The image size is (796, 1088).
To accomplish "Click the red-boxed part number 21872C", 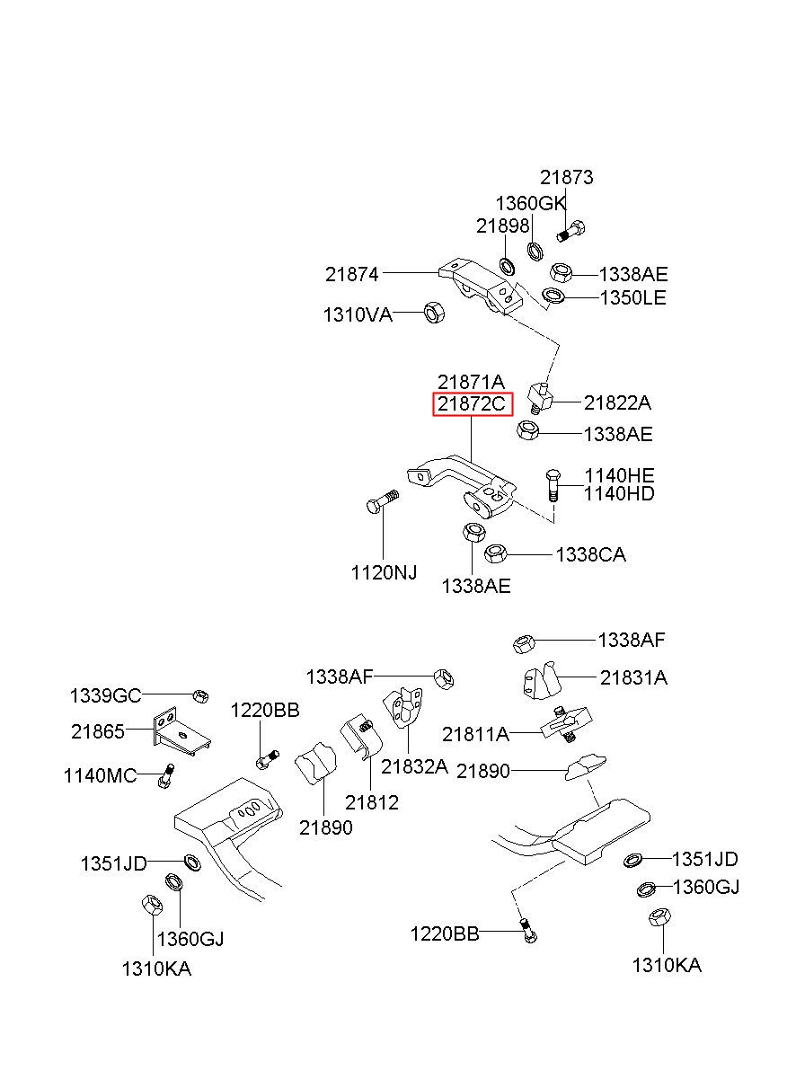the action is (472, 403).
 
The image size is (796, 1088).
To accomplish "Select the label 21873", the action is (566, 177).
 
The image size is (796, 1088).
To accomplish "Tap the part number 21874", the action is (351, 274).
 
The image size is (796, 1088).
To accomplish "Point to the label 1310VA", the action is (358, 314).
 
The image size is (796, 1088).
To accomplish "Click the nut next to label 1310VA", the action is (434, 312).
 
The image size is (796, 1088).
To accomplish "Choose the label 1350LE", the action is (633, 297).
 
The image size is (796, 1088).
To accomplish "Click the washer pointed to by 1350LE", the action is (553, 295).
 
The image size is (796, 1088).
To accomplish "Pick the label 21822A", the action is (617, 402).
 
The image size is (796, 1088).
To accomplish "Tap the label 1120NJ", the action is (384, 572).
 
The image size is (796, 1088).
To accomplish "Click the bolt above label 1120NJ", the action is (383, 501).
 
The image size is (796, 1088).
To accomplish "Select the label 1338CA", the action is (590, 554).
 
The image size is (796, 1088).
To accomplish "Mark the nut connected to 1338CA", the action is (496, 553).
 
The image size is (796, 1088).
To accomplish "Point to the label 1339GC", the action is (105, 695).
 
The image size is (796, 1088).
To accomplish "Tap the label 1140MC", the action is (100, 775).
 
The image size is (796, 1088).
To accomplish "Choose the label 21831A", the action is (633, 677).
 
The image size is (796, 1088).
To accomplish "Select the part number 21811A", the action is (475, 734).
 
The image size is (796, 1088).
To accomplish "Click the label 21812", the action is (372, 802).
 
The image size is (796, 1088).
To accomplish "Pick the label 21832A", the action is (414, 766).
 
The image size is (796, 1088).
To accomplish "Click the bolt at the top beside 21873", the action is (570, 231).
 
